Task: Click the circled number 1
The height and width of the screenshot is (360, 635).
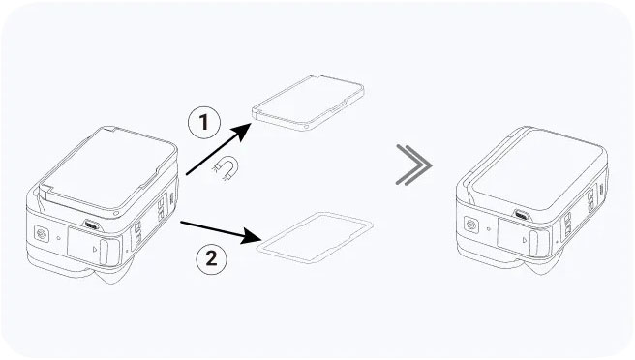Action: click(x=204, y=122)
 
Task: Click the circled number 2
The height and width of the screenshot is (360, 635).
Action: click(x=211, y=258)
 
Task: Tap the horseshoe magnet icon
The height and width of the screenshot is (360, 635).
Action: click(x=226, y=168)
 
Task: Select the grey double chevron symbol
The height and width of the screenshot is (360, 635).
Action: click(x=413, y=165)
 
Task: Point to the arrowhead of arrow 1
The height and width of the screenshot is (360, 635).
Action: click(x=242, y=132)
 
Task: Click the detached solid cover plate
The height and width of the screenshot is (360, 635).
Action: click(x=308, y=103)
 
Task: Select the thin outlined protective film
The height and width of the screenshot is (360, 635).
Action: click(x=315, y=237)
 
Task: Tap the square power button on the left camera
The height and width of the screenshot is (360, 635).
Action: click(x=42, y=234)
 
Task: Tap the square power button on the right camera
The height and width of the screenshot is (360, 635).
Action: click(x=470, y=225)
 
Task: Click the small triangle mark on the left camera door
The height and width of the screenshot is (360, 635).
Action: click(x=94, y=249)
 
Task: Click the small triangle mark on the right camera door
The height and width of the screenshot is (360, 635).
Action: click(x=525, y=240)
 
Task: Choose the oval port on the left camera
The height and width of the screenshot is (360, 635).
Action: click(x=91, y=225)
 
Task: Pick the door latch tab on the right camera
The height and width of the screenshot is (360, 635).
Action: click(x=534, y=243)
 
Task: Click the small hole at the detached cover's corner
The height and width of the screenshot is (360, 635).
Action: click(x=306, y=127)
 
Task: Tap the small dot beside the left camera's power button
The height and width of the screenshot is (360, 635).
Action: click(x=59, y=238)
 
